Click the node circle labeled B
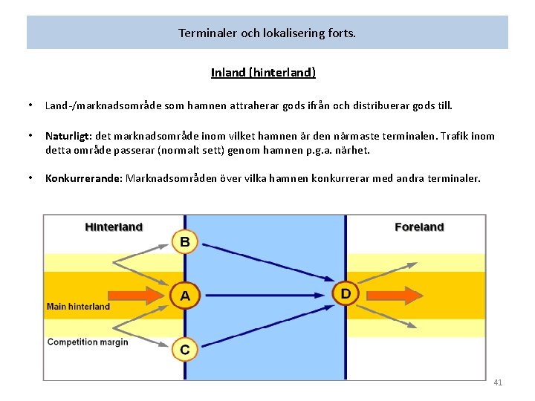(185, 241)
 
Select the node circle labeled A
(185, 296)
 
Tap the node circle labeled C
(185, 349)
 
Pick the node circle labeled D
(346, 293)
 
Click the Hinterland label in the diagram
(114, 226)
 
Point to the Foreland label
(419, 226)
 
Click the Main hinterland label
(78, 306)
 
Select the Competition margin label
(88, 342)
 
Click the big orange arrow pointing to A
(141, 295)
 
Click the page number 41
(498, 382)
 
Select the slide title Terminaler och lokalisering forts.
(267, 33)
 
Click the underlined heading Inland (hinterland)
(263, 73)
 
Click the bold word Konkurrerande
(83, 178)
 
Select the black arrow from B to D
(267, 261)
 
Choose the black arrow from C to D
(267, 326)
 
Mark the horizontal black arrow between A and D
(267, 296)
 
